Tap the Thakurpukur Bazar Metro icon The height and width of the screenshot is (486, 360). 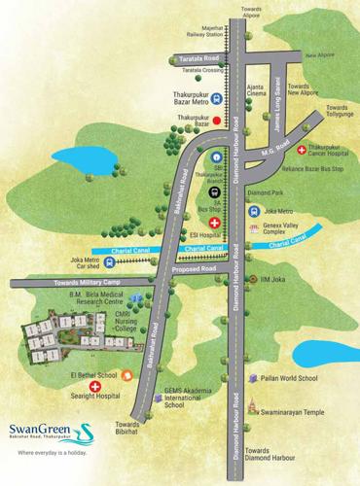(x=216, y=98)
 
